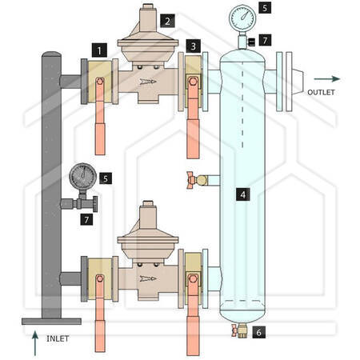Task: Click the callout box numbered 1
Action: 99,50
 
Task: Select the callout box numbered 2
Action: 167,21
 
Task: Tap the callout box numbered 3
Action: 194,46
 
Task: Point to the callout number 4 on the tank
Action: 242,194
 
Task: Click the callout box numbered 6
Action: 258,332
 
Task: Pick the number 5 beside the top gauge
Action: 265,7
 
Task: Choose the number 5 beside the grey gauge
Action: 106,178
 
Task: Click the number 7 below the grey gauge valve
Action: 86,219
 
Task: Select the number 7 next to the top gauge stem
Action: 265,40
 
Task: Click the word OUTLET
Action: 321,92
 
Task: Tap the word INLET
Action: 58,338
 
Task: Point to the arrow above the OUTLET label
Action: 327,78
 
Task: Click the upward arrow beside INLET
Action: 35,343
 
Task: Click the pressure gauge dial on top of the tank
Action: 242,18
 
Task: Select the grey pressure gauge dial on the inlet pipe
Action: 83,176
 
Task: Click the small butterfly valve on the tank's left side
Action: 198,180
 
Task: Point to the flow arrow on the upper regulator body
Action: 148,82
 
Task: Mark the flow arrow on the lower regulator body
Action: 148,278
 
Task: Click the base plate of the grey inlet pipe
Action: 51,321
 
